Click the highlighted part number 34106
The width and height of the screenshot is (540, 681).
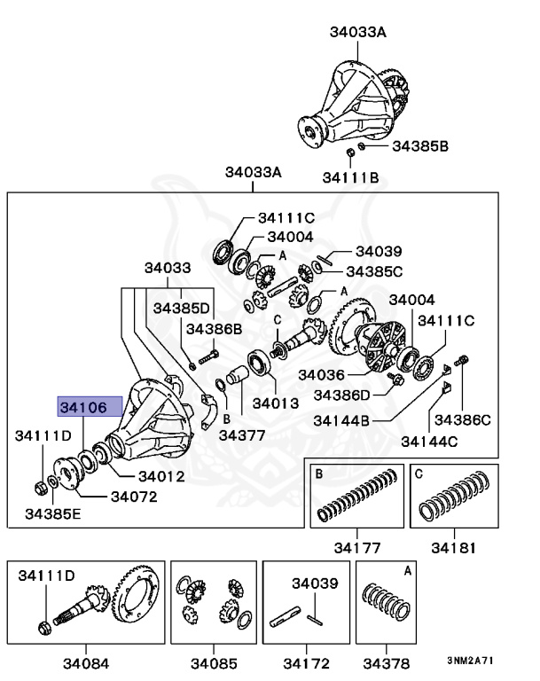tap(82, 407)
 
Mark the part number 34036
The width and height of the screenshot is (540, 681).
tap(322, 374)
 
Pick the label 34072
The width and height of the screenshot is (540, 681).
tap(133, 496)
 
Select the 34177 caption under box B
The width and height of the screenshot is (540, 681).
tap(353, 546)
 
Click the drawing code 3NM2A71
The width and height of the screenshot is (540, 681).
tap(469, 661)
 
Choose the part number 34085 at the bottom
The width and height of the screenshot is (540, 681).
tap(214, 662)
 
